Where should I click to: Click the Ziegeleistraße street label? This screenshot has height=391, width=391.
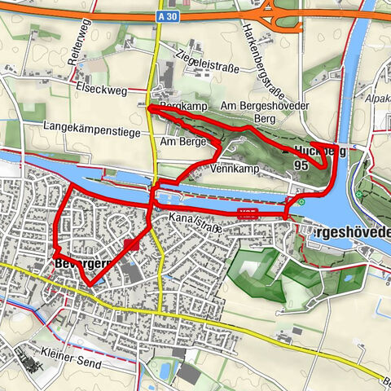[207, 62]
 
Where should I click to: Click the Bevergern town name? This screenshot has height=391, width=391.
[81, 266]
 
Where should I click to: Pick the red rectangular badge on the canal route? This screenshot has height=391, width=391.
[248, 213]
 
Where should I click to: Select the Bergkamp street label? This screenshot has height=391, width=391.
[180, 107]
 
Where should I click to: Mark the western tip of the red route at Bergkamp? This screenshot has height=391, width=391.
[148, 107]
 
